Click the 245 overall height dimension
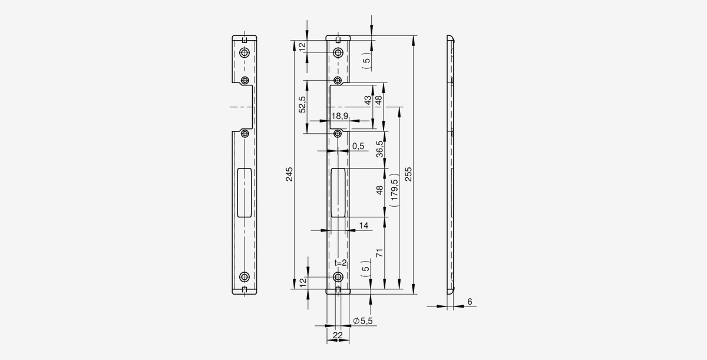[289, 174]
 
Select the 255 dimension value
[408, 174]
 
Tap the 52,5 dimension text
[302, 104]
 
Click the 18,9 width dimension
[339, 116]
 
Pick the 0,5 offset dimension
[358, 146]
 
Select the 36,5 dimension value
[379, 149]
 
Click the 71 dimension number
[379, 253]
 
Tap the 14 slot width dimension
[364, 226]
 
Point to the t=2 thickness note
[341, 263]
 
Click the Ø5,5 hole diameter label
[363, 321]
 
